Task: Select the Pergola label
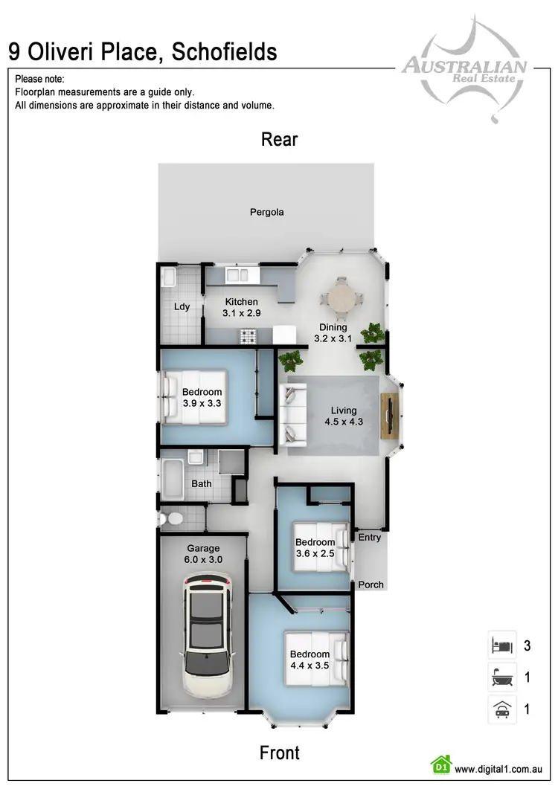tap(266, 212)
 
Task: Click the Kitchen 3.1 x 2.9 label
tap(241, 308)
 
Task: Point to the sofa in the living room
tap(292, 413)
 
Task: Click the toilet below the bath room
tap(169, 517)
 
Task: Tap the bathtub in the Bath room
tap(172, 480)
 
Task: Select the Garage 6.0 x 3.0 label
tap(203, 554)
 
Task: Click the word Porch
tap(371, 584)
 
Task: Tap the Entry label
tap(370, 538)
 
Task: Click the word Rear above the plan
tap(279, 139)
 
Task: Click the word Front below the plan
tap(279, 753)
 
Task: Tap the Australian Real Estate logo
tap(464, 71)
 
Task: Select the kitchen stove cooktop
tap(247, 337)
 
